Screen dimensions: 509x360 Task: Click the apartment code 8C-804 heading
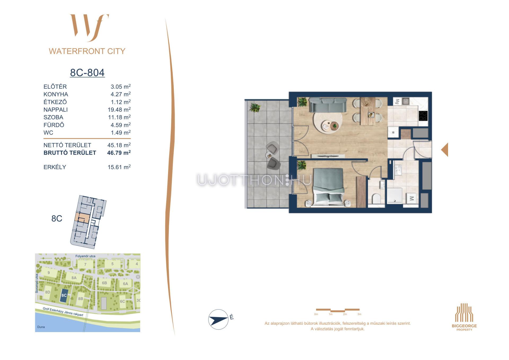(x=87, y=72)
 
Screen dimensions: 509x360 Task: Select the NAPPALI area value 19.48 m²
(x=119, y=110)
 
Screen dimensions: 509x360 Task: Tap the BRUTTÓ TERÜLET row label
(x=70, y=153)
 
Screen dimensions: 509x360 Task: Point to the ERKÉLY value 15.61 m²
(x=119, y=167)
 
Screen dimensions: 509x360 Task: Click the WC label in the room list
(x=48, y=133)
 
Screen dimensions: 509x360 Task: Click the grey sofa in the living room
(x=328, y=105)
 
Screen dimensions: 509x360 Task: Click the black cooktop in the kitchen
(x=423, y=115)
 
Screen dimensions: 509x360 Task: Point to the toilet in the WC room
(x=376, y=198)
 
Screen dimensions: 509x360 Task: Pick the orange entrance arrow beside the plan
(x=445, y=150)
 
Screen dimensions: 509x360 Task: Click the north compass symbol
(x=218, y=319)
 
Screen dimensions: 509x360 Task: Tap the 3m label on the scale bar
(x=359, y=314)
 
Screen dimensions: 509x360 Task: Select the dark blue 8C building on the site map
(x=64, y=296)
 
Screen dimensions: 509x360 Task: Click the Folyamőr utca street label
(x=85, y=256)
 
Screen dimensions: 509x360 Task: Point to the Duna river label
(x=41, y=327)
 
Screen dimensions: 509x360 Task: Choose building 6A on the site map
(x=125, y=284)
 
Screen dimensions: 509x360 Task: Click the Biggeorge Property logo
(x=464, y=317)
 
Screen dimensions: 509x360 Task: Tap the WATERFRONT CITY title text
(x=87, y=51)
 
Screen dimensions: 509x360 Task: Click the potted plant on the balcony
(x=255, y=107)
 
